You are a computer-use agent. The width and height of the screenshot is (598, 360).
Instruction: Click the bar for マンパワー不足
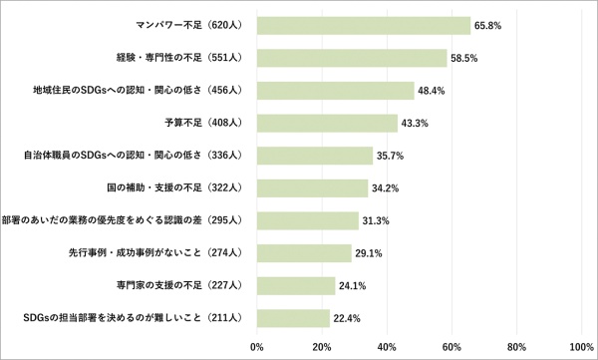click(x=363, y=25)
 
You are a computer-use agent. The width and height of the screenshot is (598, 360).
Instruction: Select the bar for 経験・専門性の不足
click(x=351, y=58)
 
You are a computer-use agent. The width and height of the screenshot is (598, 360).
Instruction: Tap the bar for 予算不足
click(x=327, y=123)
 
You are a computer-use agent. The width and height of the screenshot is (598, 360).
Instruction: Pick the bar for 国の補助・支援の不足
click(x=312, y=187)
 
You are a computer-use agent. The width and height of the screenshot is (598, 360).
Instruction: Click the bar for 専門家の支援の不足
click(x=296, y=285)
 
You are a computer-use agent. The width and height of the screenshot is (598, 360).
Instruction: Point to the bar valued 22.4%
click(x=293, y=317)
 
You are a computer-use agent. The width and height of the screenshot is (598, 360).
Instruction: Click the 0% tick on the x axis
click(x=257, y=347)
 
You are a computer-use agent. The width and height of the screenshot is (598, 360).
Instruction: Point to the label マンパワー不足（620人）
click(x=190, y=25)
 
